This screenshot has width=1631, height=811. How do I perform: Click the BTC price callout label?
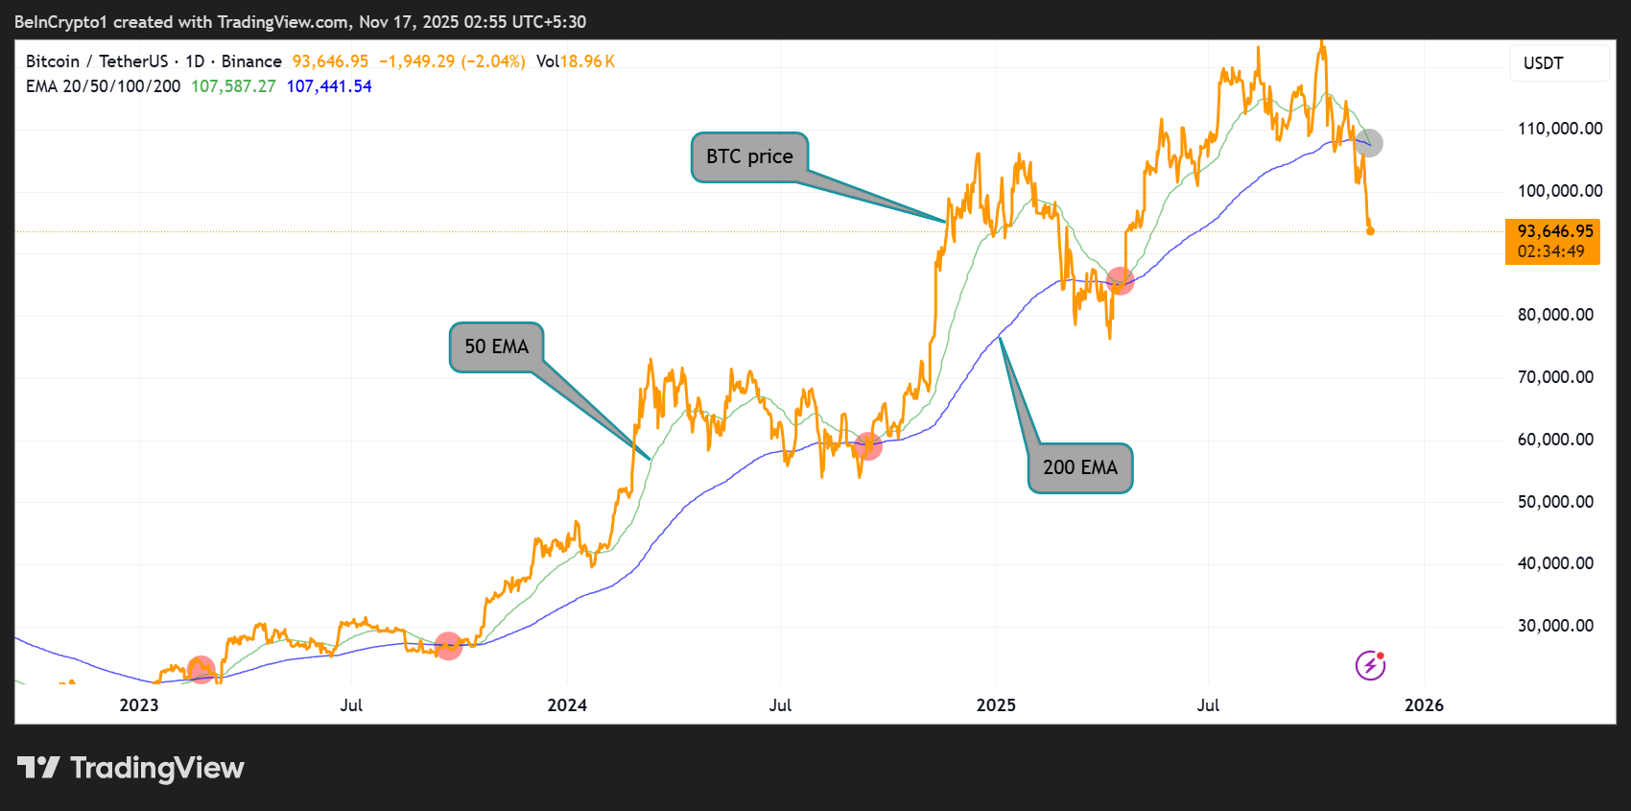[x=749, y=156]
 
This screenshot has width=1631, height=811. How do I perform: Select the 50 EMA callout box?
[x=496, y=346]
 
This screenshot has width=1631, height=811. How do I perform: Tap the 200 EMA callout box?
[x=1079, y=467]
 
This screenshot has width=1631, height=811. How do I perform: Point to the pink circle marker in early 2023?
[x=201, y=669]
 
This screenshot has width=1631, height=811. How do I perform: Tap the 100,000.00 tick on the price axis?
[x=1559, y=191]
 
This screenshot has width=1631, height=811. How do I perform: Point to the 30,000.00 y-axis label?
[x=1554, y=626]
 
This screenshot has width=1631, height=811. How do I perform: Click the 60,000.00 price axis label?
[x=1554, y=440]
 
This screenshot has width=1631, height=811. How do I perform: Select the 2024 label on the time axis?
[x=567, y=705]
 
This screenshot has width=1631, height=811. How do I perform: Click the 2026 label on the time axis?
[x=1424, y=705]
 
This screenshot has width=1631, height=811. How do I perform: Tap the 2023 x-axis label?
[x=139, y=705]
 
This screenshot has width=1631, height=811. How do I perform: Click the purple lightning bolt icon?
[x=1370, y=664]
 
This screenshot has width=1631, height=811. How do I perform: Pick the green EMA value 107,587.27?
[x=233, y=86]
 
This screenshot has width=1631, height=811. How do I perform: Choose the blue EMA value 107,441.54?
[x=329, y=86]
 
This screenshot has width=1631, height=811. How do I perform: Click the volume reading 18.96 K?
[x=587, y=61]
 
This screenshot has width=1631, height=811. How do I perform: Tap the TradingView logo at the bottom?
[x=131, y=768]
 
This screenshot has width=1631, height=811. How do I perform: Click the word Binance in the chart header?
[x=251, y=61]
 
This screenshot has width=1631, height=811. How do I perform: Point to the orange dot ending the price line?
[x=1370, y=230]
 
